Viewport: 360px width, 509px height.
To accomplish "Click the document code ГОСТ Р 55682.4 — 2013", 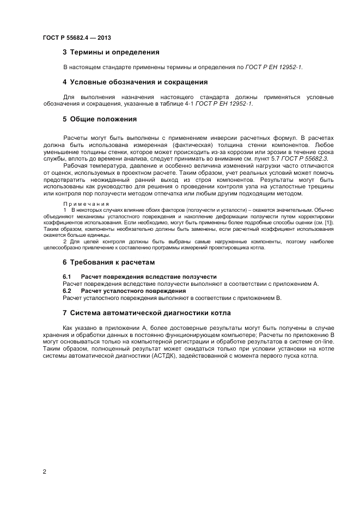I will (77, 38).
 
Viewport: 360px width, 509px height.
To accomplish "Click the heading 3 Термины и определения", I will (111, 53).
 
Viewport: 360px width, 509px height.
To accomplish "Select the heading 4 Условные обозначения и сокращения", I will (135, 82).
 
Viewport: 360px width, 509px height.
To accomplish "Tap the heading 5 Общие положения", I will (99, 119).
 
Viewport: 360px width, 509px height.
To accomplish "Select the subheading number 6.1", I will (68, 277).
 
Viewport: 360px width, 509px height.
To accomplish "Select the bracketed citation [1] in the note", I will (328, 223).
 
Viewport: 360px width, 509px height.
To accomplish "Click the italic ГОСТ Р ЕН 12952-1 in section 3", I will (273, 68).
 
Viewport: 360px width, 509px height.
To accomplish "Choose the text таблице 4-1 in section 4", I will (175, 103).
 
